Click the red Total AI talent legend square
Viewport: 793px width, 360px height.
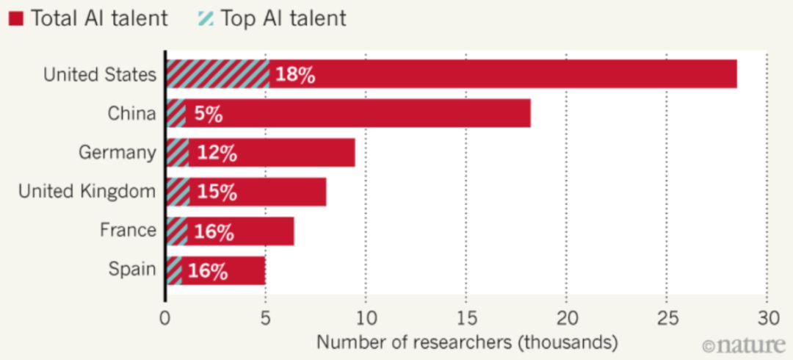pos(17,18)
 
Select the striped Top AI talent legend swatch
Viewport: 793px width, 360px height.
pos(206,18)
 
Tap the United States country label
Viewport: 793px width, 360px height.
pos(99,75)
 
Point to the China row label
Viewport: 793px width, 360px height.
pos(131,114)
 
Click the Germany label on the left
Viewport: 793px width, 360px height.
pos(117,153)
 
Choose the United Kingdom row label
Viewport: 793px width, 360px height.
pos(87,192)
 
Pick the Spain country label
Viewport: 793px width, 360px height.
pos(132,269)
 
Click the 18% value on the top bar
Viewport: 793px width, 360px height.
pos(294,76)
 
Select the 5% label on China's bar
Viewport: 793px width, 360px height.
pos(207,115)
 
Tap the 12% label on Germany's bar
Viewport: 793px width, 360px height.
pos(216,154)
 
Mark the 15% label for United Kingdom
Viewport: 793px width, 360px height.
pos(216,192)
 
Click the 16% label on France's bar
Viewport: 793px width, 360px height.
pos(214,231)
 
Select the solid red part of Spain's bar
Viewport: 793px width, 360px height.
pos(246,270)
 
